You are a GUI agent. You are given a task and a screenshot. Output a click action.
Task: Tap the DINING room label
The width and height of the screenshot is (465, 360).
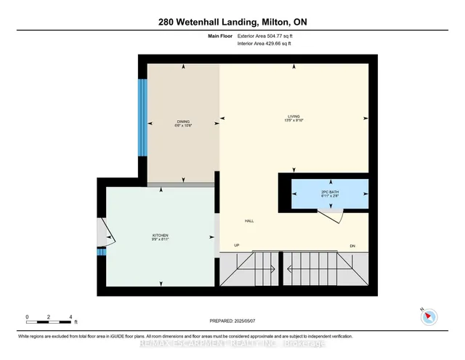click(183, 121)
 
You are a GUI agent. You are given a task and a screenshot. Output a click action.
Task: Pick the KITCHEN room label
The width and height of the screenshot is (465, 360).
click(161, 235)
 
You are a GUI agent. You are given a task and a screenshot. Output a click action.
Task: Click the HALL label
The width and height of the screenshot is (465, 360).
click(249, 221)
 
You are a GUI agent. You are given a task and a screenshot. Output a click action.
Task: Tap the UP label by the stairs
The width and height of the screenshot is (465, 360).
click(237, 245)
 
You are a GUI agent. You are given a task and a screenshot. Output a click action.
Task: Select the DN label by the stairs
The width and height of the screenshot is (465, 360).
click(352, 245)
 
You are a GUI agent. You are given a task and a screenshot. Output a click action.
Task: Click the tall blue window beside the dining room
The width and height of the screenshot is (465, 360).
click(143, 116)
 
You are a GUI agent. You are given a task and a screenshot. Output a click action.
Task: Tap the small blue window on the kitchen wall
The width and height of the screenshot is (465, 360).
click(102, 252)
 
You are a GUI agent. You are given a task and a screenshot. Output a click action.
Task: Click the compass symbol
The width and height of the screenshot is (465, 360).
click(429, 316)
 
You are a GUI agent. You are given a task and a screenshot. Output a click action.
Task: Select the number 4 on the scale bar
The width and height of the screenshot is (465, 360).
click(70, 317)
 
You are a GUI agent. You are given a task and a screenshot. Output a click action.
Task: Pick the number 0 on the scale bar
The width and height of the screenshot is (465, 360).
click(27, 317)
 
